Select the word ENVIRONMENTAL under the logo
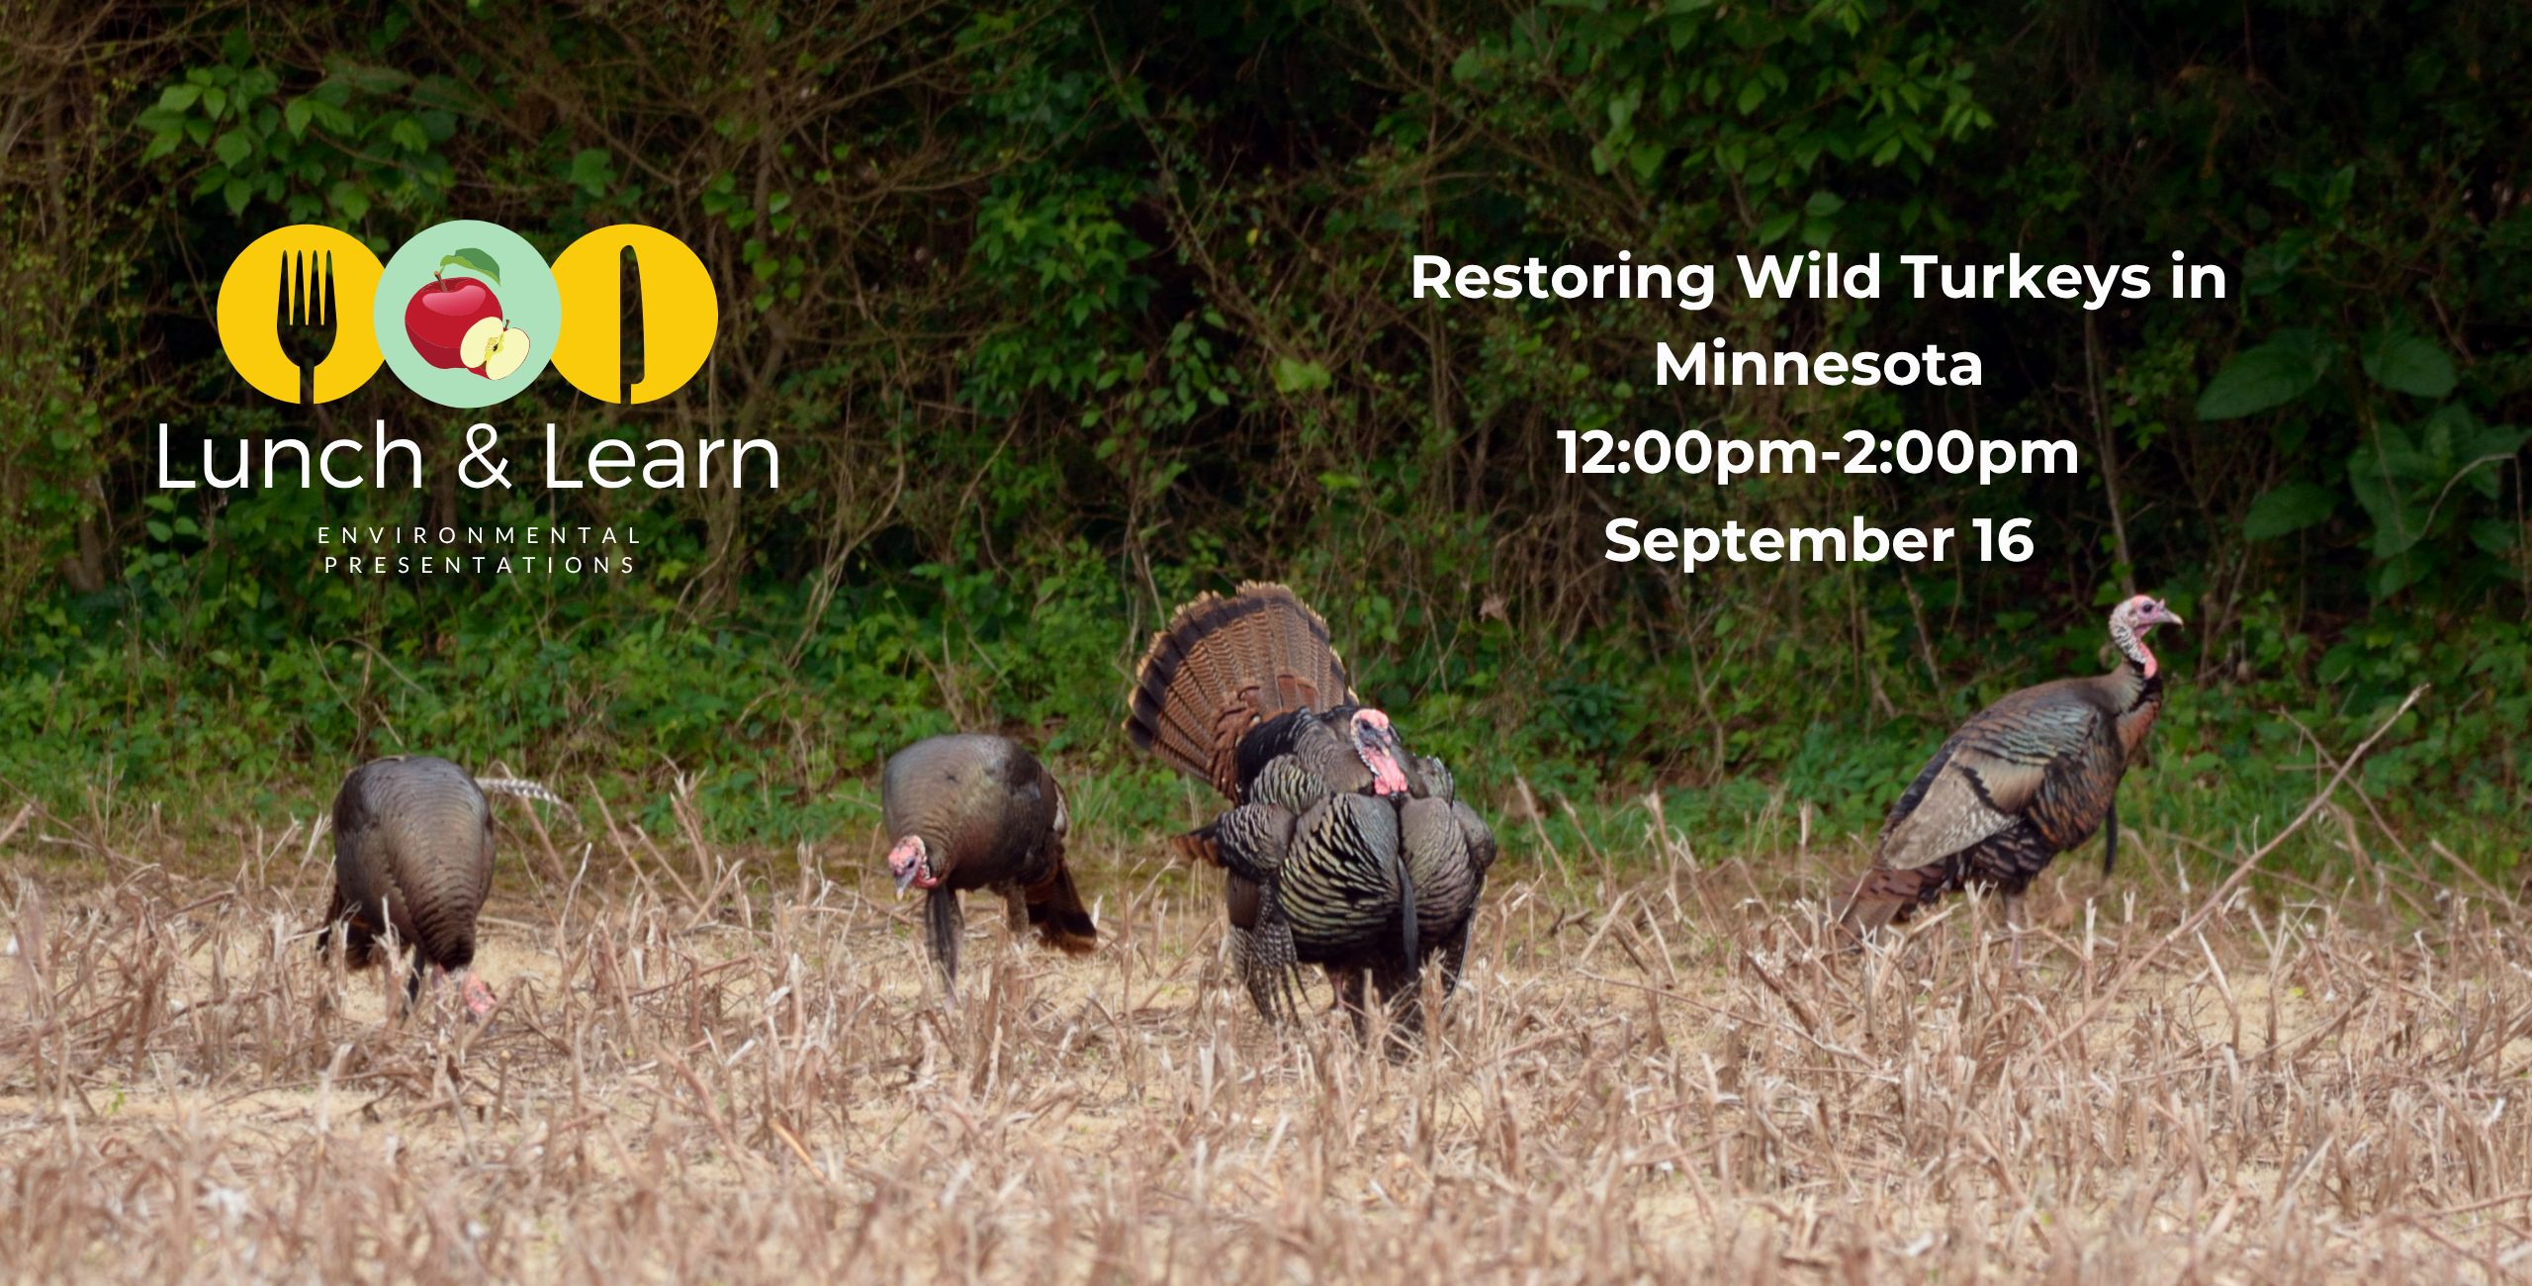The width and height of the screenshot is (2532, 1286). [480, 536]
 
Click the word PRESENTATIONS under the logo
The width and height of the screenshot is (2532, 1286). [480, 566]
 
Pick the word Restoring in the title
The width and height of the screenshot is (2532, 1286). [1563, 280]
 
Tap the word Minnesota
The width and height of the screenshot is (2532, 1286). [1819, 365]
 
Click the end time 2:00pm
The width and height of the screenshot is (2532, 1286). [1961, 455]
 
